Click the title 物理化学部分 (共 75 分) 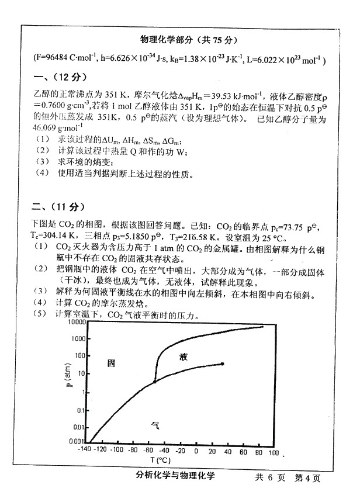[189, 40]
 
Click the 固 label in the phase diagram [111, 363]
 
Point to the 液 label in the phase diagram [184, 356]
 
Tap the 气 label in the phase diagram [155, 426]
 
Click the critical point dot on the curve [223, 363]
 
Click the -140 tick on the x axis [86, 451]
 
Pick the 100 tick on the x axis [274, 451]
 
